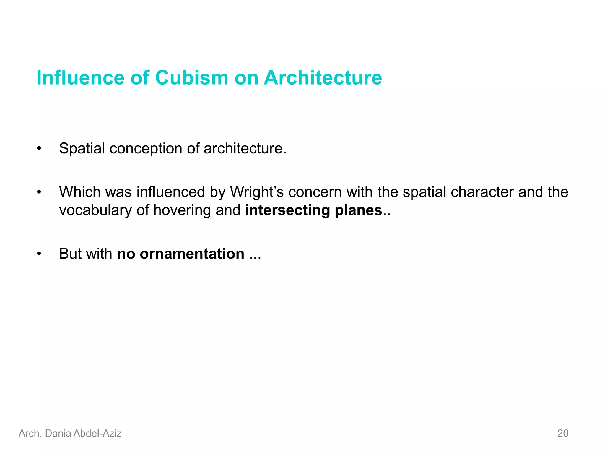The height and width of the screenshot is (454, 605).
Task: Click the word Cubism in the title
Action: click(191, 78)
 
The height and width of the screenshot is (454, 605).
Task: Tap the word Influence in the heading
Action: click(80, 78)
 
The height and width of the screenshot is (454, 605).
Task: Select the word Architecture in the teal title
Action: click(323, 78)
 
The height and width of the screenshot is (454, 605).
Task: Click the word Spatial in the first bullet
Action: click(82, 148)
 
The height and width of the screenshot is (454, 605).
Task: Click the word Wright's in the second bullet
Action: click(257, 192)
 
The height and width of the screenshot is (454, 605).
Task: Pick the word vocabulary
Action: click(95, 211)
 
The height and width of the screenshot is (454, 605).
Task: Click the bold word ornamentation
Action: click(192, 254)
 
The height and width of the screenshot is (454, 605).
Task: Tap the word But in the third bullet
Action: click(70, 254)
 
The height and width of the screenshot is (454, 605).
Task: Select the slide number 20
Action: click(563, 433)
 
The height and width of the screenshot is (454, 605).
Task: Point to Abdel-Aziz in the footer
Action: click(97, 433)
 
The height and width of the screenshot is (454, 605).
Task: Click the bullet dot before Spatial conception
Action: click(39, 149)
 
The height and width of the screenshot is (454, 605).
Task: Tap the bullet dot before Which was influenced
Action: click(39, 192)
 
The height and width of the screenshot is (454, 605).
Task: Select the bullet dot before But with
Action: click(39, 254)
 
